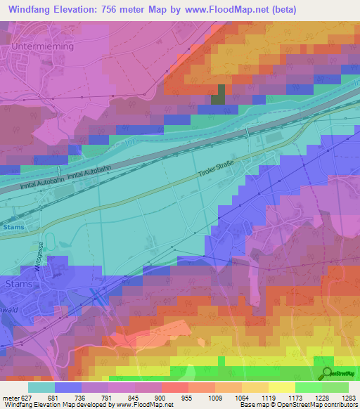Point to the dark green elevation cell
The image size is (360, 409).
coord(219,95)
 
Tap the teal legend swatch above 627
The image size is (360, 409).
coord(41,387)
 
